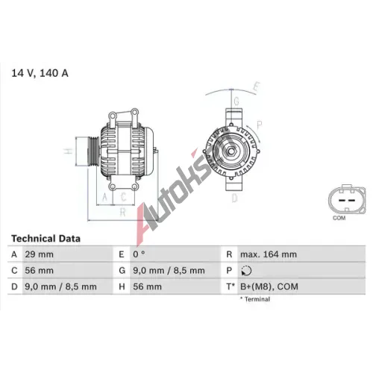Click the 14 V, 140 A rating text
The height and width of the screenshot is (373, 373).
40,73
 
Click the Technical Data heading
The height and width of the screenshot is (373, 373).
46,239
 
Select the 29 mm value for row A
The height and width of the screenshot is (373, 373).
39,254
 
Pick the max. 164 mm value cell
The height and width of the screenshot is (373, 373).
269,254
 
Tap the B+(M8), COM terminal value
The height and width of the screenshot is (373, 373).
269,286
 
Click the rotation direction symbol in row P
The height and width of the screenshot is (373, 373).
246,271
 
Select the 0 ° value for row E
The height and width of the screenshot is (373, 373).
139,254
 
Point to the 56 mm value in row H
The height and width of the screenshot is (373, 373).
147,286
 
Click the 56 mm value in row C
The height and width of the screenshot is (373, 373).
39,271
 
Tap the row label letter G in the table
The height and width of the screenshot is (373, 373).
122,271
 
